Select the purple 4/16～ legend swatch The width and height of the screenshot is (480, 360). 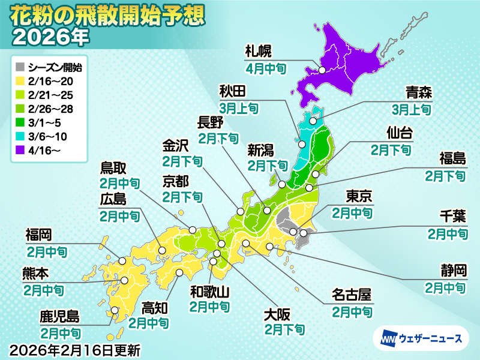point(20,137)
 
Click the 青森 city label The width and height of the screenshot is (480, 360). point(418,92)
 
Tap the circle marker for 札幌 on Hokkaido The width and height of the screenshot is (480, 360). point(322,70)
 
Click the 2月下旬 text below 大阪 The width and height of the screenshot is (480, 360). point(284,329)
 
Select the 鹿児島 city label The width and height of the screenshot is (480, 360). point(60,316)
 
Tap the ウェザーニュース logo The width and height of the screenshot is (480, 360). point(421,339)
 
